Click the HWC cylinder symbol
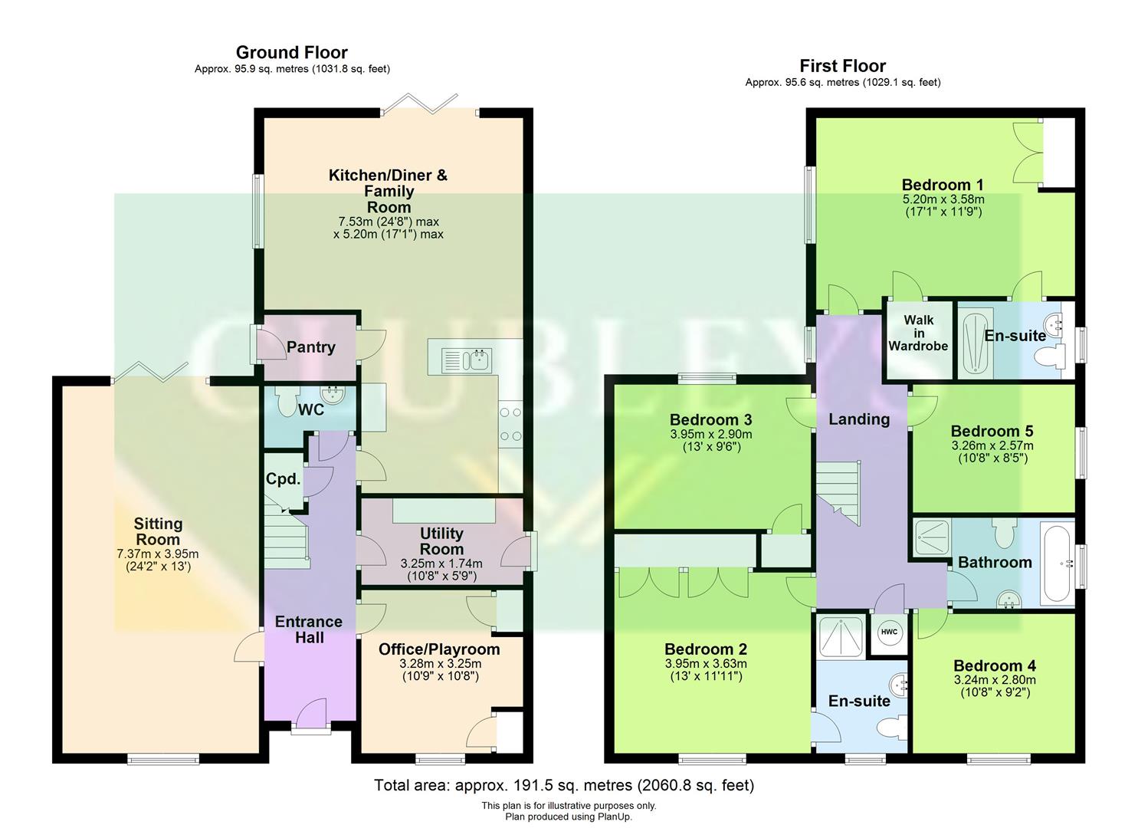pos(889,632)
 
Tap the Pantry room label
pos(310,347)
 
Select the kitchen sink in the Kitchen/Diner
pos(467,359)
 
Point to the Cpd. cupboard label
pos(283,479)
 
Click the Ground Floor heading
pos(291,53)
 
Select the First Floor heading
pos(842,66)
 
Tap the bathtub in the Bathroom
pos(1058,562)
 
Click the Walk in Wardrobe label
pos(918,333)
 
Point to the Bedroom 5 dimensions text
pos(992,452)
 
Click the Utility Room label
pos(441,541)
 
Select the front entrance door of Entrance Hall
pos(310,715)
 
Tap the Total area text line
pos(563,785)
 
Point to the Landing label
pos(859,419)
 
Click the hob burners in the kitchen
pos(510,426)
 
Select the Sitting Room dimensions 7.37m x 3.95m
pos(158,554)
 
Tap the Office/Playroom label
pos(439,649)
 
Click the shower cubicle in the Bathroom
pos(931,537)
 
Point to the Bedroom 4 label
pos(994,665)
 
